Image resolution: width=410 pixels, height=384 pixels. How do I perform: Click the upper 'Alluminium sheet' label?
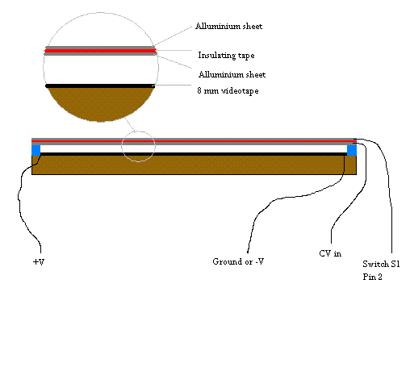coord(228,27)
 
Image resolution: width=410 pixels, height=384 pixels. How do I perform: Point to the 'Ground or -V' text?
coord(239,261)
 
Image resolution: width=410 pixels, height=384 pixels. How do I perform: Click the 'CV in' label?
coord(330,253)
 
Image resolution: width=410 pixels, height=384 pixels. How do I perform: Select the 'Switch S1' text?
coord(380,265)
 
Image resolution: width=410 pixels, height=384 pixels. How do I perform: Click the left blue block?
coord(36,149)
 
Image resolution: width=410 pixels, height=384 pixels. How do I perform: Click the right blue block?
coord(352,149)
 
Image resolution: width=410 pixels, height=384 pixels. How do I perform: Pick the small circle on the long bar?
coord(139,146)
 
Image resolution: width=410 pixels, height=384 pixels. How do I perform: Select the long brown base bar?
coord(194,165)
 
